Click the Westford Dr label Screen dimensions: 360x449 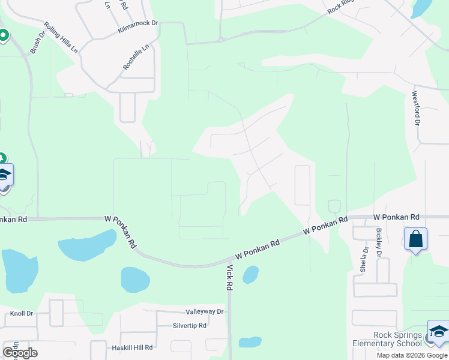point(415,108)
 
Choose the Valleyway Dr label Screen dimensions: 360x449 point(204,311)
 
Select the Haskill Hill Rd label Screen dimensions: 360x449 point(132,347)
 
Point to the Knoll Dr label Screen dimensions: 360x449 point(21,313)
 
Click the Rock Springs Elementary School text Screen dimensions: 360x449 point(388,340)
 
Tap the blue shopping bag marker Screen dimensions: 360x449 point(415,239)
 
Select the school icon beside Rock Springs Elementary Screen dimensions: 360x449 point(438,332)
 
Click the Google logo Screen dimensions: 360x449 point(20,353)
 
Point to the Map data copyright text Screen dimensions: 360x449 point(412,355)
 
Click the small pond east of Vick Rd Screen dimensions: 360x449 point(250,275)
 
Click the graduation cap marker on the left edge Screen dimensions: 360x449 point(5,175)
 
